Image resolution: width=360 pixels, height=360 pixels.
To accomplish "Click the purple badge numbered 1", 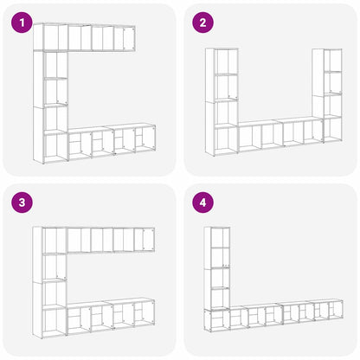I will click(21, 23).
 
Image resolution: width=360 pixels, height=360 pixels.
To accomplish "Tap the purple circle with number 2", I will click(202, 23).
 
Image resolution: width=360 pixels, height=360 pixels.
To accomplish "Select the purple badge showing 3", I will click(21, 203).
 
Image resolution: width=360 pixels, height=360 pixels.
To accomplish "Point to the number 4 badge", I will click(202, 203).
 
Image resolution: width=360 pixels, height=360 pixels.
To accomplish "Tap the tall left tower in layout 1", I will click(50, 104).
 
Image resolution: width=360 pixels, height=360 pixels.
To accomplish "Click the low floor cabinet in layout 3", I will click(110, 317).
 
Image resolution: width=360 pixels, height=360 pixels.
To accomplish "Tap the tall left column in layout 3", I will click(49, 281).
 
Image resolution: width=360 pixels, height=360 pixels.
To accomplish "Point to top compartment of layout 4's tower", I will click(216, 237).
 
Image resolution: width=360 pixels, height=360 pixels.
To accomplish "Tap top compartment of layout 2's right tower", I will click(332, 61).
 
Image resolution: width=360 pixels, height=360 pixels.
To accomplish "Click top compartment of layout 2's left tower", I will click(222, 61).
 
